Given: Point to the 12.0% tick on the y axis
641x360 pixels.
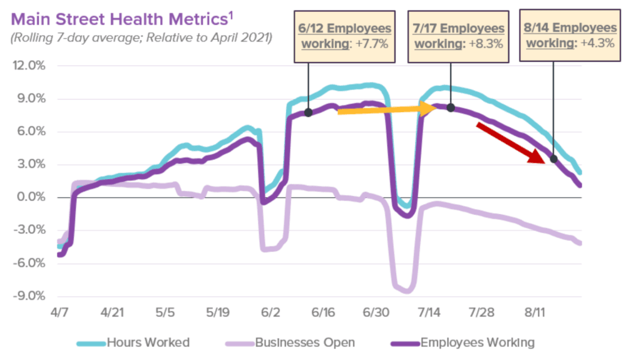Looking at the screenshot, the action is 29,66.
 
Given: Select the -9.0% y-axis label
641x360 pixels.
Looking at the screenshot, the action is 29,296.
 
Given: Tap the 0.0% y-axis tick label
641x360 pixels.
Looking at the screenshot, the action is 31,197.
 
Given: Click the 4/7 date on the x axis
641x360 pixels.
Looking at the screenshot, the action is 59,312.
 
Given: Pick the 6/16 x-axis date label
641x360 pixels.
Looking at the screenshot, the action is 323,312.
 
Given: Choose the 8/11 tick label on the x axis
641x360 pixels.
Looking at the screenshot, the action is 535,312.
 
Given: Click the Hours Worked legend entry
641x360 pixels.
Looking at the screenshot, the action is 133,342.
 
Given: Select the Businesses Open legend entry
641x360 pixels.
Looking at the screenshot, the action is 290,342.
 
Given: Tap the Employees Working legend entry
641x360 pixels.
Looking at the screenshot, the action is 463,342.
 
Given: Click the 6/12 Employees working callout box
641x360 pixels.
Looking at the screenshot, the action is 345,36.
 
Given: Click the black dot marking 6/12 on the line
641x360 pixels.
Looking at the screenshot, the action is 309,113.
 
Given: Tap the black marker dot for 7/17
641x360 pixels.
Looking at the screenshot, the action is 451,108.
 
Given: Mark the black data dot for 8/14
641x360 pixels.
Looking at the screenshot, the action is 553,159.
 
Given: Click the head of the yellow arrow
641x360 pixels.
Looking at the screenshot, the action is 436,108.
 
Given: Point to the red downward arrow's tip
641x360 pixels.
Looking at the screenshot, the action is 545,163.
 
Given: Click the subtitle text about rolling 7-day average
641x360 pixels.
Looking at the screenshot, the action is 141,38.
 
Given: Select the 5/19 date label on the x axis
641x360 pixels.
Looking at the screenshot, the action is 218,312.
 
